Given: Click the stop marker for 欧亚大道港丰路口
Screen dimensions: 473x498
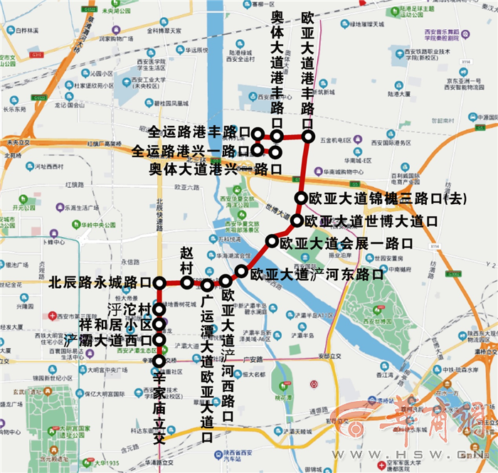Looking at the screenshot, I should [309, 135].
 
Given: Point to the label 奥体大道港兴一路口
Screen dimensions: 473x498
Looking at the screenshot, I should [214, 169].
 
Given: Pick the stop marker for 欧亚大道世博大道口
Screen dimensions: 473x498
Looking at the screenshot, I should [297, 220].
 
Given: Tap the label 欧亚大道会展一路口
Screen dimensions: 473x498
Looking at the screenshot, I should [346, 243].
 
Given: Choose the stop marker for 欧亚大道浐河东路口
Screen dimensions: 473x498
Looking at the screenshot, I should [242, 271].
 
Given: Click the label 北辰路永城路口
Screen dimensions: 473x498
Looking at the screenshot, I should [100, 282].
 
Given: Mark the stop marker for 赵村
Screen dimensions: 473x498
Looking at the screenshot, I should [186, 283].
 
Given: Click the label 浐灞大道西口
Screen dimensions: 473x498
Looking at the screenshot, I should [107, 340].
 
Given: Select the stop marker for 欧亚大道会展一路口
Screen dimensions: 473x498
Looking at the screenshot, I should [271, 243].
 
